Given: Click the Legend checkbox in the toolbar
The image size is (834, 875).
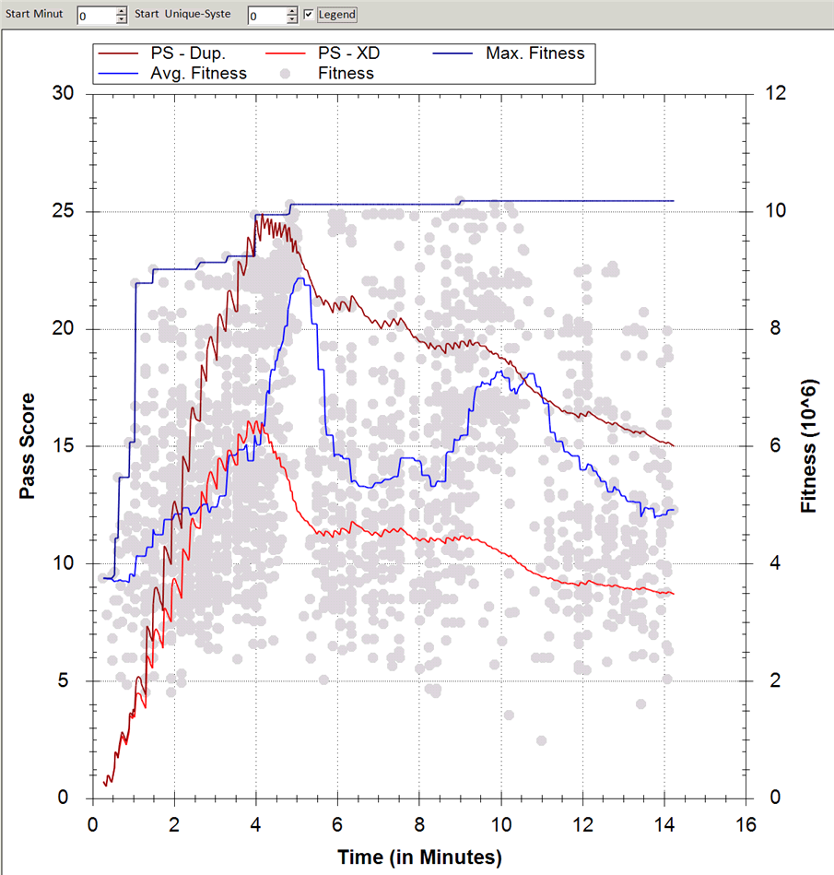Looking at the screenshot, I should coord(309,15).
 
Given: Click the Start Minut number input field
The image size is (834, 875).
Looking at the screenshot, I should coord(96,16).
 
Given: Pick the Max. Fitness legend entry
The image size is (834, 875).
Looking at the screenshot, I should coord(534,53).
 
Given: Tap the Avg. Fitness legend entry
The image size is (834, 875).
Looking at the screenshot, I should coord(198,73).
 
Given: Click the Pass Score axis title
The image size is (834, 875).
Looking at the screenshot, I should coord(28,446).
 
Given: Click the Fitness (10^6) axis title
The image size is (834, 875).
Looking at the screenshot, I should coord(809,446).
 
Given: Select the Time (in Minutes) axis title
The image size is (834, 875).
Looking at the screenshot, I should coord(419,857).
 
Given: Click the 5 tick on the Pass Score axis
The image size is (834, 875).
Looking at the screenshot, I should coord(76,681).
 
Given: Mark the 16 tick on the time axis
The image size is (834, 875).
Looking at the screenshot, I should coord(746,823).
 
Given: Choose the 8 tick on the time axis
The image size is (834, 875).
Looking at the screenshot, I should coord(419,823).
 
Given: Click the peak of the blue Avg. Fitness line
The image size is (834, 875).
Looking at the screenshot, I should coord(300,278).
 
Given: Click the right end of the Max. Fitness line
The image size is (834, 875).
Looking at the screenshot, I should coord(674,200).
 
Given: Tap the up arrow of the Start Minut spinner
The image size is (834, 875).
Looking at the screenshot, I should coord(122,11).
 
